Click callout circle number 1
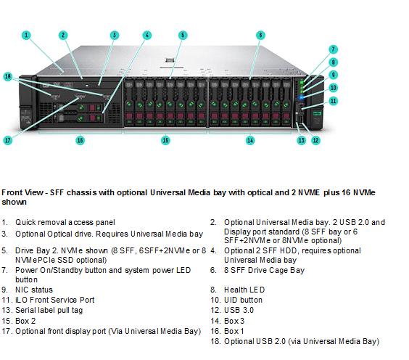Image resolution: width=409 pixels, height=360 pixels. pos(26,35)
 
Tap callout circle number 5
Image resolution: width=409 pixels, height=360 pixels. pos(183,35)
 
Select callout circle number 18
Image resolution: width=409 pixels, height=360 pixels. pos(8,76)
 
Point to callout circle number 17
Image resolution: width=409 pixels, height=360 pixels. pos(8,140)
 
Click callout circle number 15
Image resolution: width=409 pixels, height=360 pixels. pos(165,140)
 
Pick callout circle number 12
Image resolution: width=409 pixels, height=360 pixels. pos(315,140)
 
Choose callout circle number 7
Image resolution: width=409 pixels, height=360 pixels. pos(333,49)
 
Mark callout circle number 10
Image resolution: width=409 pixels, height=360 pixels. pos(333,87)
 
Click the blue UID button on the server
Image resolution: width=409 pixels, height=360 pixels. pos(301,97)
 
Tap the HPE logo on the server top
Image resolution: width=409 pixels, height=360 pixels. pos(170,60)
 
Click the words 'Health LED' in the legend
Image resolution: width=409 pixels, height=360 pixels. pos(244,290)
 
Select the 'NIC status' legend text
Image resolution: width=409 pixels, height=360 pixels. pos(34,290)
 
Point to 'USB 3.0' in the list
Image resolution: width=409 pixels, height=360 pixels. pos(239,310)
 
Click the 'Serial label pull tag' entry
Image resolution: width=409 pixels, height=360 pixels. pos(49,310)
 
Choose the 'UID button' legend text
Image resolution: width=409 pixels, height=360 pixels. pos(243,300)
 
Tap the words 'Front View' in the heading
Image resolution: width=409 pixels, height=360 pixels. pos(22,192)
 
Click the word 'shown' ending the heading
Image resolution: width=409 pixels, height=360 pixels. pos(14,202)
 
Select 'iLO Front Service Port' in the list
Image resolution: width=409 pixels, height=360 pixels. pos(55,300)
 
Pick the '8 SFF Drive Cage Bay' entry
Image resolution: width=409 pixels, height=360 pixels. pos(264,270)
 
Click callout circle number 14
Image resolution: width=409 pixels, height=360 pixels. pos(250,140)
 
